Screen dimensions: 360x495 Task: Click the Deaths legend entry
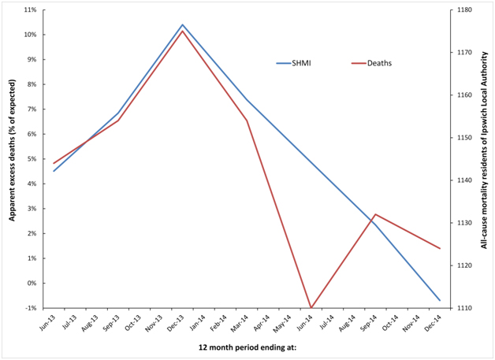381,63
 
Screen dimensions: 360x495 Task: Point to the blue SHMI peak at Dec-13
183,24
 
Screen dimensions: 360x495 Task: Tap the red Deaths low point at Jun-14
311,307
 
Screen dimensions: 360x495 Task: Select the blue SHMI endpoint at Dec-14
440,300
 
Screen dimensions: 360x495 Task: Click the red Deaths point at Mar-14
247,121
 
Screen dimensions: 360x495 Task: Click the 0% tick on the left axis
32,283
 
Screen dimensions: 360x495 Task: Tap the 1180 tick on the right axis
465,10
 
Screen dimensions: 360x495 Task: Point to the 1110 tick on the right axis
465,308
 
